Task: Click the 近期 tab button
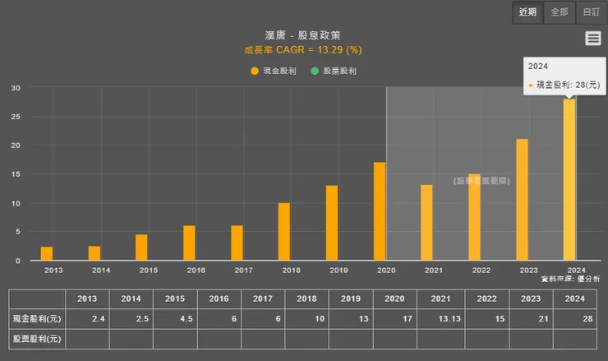[x=527, y=12]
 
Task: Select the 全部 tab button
[x=560, y=12]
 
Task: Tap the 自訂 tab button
[x=591, y=12]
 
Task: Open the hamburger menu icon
[x=593, y=38]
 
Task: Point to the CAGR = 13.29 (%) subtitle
[x=303, y=49]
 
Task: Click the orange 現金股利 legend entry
[x=270, y=72]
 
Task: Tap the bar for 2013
[x=47, y=253]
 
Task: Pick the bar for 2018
[x=284, y=231]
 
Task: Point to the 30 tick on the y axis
[x=16, y=88]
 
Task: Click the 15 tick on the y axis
[x=16, y=174]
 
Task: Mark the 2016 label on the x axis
[x=196, y=270]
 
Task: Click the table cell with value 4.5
[x=172, y=318]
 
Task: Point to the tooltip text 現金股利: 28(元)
[x=566, y=85]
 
